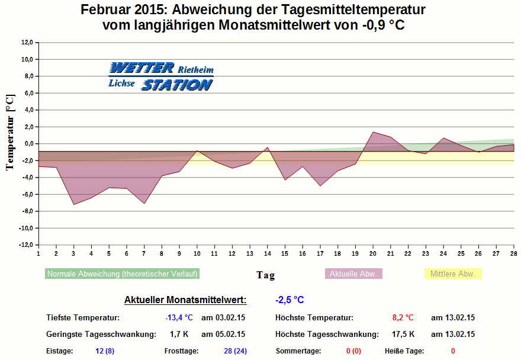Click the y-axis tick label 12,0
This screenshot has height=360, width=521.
27,43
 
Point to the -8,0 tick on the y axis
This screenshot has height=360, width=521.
26,211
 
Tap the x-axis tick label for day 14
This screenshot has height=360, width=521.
267,253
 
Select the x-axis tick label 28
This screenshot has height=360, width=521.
513,253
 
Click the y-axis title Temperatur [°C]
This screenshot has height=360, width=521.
10,131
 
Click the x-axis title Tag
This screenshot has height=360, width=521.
265,275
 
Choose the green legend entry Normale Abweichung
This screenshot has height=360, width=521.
122,274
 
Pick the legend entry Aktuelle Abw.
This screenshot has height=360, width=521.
354,274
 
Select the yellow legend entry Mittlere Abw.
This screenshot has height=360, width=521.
453,274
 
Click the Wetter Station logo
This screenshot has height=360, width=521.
160,76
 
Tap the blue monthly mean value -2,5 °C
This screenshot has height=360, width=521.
290,300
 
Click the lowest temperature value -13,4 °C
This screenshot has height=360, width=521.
179,318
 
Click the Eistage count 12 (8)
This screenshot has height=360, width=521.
105,351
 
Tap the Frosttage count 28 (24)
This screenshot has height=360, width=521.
235,351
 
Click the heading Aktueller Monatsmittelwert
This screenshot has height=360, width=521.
185,300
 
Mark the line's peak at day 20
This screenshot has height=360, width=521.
373,132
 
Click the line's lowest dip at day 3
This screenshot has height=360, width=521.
73,205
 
